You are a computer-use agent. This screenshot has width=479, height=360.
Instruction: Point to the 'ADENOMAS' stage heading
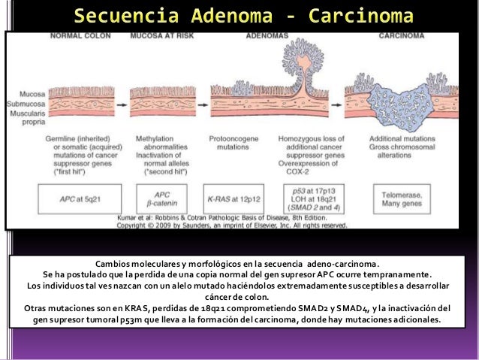269,36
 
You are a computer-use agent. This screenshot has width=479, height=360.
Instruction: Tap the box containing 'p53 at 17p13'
311,198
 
